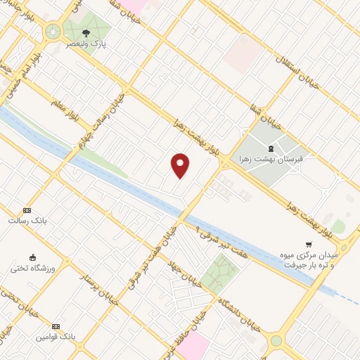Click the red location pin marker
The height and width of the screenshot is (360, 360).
pyautogui.click(x=180, y=165)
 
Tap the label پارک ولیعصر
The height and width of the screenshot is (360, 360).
pyautogui.click(x=86, y=44)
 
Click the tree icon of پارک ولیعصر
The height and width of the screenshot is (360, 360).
pyautogui.click(x=86, y=32)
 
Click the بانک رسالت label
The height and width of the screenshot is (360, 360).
pyautogui.click(x=27, y=221)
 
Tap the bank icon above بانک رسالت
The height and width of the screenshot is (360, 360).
pyautogui.click(x=27, y=210)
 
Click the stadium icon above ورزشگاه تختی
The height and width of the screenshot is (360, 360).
pyautogui.click(x=32, y=256)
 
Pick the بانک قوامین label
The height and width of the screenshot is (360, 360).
pyautogui.click(x=56, y=337)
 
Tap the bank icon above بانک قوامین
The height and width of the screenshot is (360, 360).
pyautogui.click(x=56, y=326)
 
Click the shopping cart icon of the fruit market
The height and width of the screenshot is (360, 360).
pyautogui.click(x=308, y=244)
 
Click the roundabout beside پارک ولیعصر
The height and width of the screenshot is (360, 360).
pyautogui.click(x=52, y=32)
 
